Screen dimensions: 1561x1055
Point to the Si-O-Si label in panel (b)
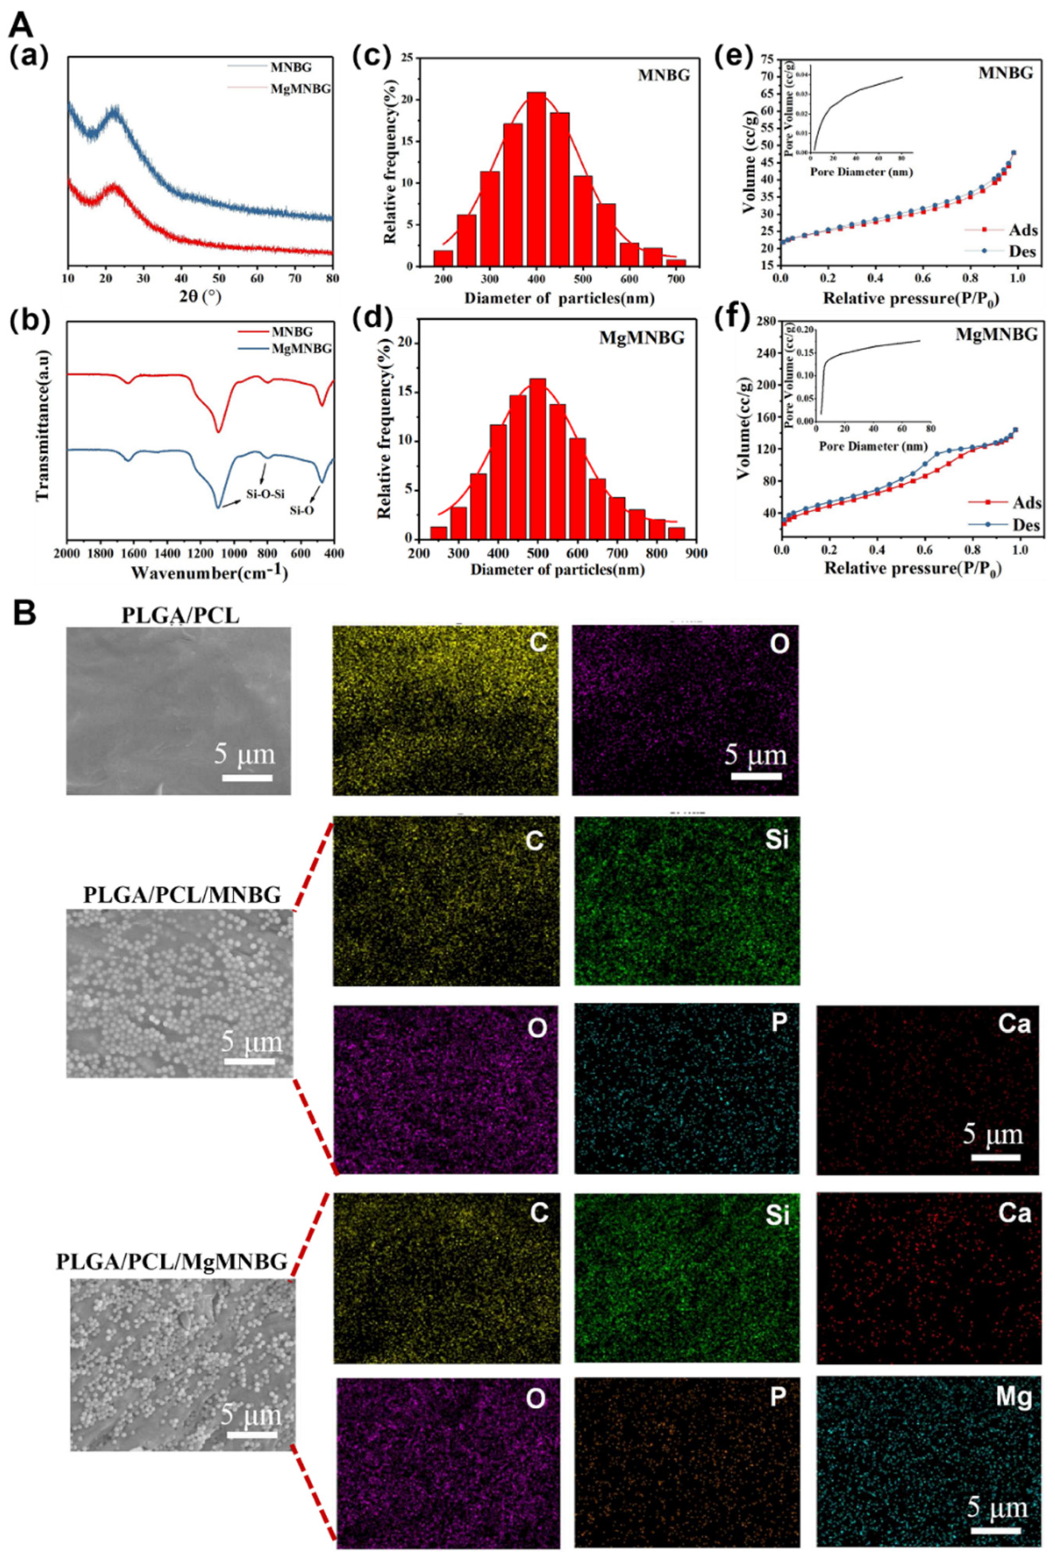point(263,494)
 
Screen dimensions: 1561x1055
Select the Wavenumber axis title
point(200,573)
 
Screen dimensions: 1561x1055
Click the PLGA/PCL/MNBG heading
point(182,895)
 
